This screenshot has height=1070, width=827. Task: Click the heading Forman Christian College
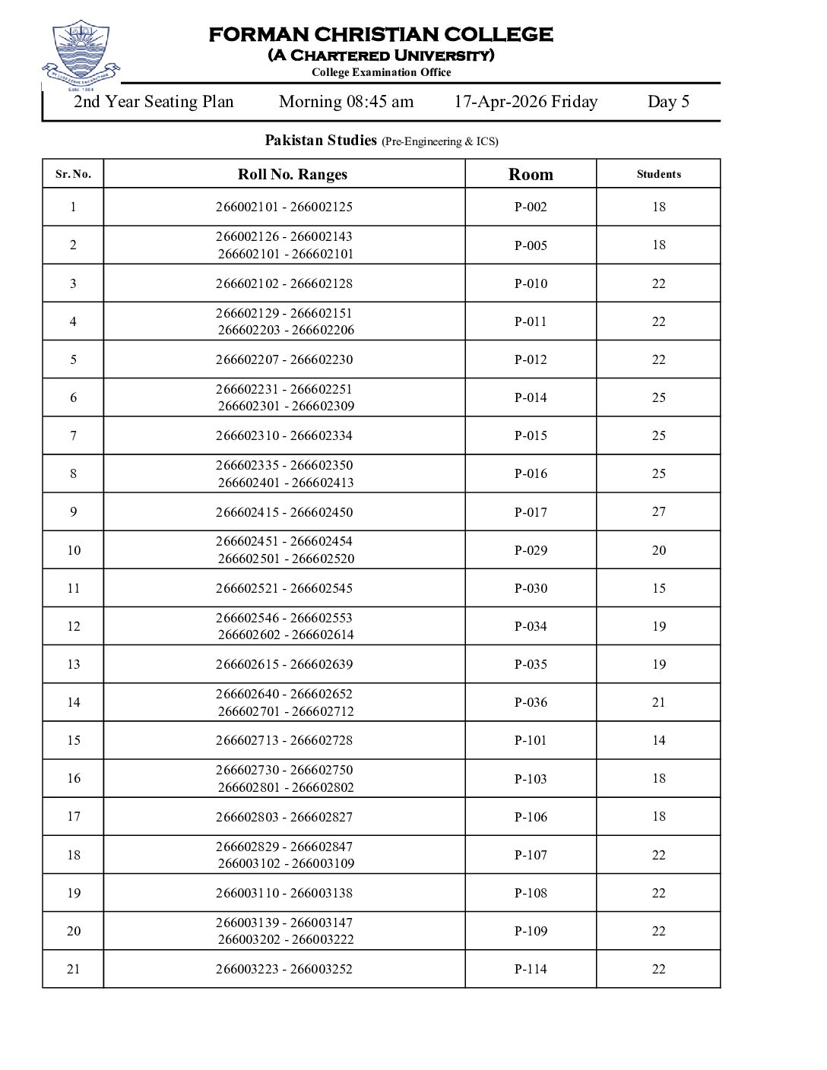tap(381, 35)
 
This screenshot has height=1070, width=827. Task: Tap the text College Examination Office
tap(381, 73)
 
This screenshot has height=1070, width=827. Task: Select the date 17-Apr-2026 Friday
tap(525, 102)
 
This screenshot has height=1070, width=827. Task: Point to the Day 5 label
tap(668, 102)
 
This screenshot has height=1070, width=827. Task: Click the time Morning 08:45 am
tap(346, 102)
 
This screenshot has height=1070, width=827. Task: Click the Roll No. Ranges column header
tap(292, 174)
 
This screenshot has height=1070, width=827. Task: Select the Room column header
tap(531, 174)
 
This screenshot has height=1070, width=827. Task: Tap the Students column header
tap(658, 174)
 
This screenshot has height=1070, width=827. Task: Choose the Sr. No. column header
tap(73, 174)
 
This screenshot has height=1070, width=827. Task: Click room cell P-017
tap(531, 512)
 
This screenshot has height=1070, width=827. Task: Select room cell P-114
tap(531, 969)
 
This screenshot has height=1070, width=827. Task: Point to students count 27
tap(658, 511)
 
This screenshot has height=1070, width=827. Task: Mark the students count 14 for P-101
tap(658, 740)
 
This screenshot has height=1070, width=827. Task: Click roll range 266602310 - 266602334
tap(284, 435)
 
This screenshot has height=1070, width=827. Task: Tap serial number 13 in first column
tap(73, 664)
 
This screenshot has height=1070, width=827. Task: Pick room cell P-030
tap(531, 588)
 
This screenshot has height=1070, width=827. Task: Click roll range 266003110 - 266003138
tap(284, 893)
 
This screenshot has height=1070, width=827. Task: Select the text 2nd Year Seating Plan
tap(154, 102)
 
